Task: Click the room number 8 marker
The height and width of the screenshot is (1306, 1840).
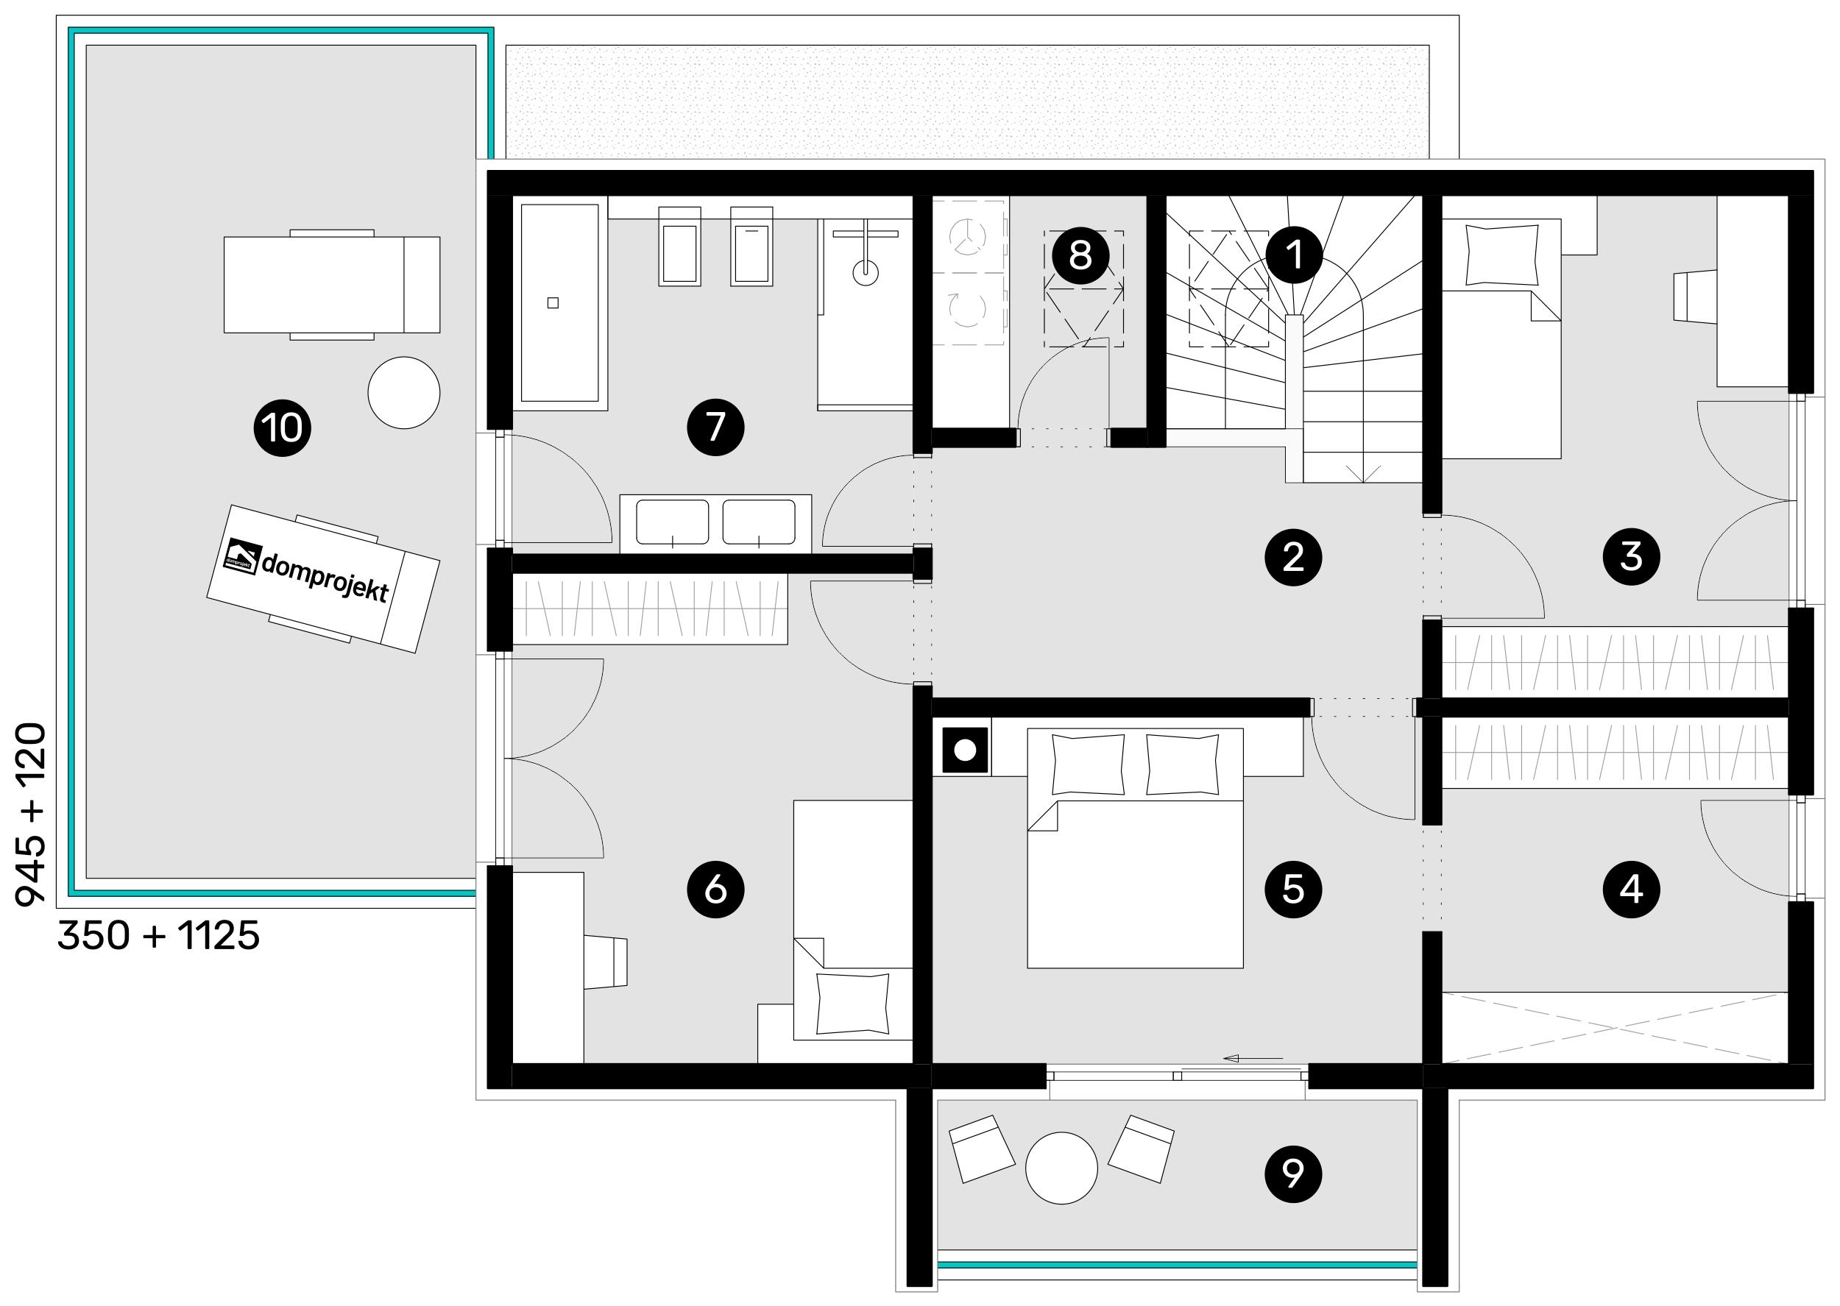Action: click(1080, 256)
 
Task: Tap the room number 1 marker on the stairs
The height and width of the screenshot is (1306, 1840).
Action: click(1294, 256)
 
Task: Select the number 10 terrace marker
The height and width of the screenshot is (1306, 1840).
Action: click(283, 427)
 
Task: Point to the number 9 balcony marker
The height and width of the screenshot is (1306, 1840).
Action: click(1293, 1174)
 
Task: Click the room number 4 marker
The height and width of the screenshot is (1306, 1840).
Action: click(1631, 889)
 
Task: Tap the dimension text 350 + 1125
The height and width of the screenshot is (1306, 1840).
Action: click(158, 935)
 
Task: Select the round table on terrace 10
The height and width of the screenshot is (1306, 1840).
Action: click(404, 392)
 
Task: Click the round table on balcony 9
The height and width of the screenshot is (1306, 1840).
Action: click(1061, 1168)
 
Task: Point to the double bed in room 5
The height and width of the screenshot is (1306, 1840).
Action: click(1135, 848)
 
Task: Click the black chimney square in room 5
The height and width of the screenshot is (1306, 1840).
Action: click(965, 750)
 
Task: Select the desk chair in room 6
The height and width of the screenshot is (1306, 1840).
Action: click(605, 962)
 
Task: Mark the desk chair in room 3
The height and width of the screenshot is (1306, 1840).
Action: click(1695, 296)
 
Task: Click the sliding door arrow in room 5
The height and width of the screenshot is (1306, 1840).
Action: click(1253, 1058)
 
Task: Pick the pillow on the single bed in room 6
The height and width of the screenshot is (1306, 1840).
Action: click(852, 1004)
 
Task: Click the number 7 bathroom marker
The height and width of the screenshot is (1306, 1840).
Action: click(715, 427)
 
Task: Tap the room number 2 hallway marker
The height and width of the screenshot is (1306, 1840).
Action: click(1293, 556)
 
